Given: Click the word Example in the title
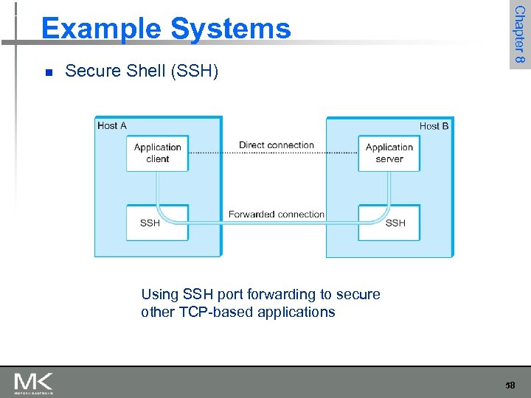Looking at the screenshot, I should pyautogui.click(x=100, y=29).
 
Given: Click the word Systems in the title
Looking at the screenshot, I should pyautogui.click(x=231, y=29).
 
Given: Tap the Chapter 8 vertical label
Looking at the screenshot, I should pyautogui.click(x=519, y=35).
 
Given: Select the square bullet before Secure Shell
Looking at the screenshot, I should pyautogui.click(x=47, y=72).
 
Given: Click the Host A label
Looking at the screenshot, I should pyautogui.click(x=112, y=126).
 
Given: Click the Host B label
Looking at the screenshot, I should pyautogui.click(x=434, y=126).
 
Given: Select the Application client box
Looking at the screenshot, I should pyautogui.click(x=157, y=153).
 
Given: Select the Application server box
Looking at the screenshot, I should pyautogui.click(x=389, y=153).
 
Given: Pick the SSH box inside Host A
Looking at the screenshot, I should pyautogui.click(x=157, y=222).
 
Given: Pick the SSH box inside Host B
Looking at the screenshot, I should pyautogui.click(x=389, y=222).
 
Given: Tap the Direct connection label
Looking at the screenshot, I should pyautogui.click(x=277, y=145).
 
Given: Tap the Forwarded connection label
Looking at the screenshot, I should pyautogui.click(x=277, y=214).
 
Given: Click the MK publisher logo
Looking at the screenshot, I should pyautogui.click(x=34, y=383).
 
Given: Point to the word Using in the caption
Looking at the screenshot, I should pyautogui.click(x=159, y=295).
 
